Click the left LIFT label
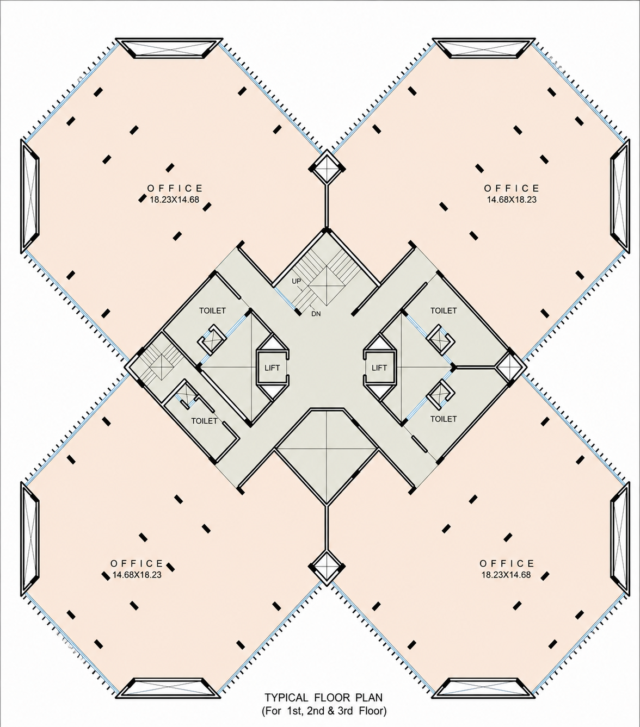[272, 368]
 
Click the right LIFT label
[379, 368]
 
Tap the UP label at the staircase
[296, 281]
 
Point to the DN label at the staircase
[316, 314]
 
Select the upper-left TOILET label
[213, 310]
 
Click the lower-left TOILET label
[205, 421]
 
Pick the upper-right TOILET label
[444, 310]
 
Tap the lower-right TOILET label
[444, 419]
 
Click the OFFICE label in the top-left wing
[175, 188]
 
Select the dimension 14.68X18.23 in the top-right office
[512, 200]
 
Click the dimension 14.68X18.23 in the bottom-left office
[137, 575]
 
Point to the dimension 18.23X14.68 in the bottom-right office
[506, 575]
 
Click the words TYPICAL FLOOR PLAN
[324, 698]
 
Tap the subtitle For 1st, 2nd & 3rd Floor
[324, 711]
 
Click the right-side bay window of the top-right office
[620, 196]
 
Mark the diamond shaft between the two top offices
[327, 168]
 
